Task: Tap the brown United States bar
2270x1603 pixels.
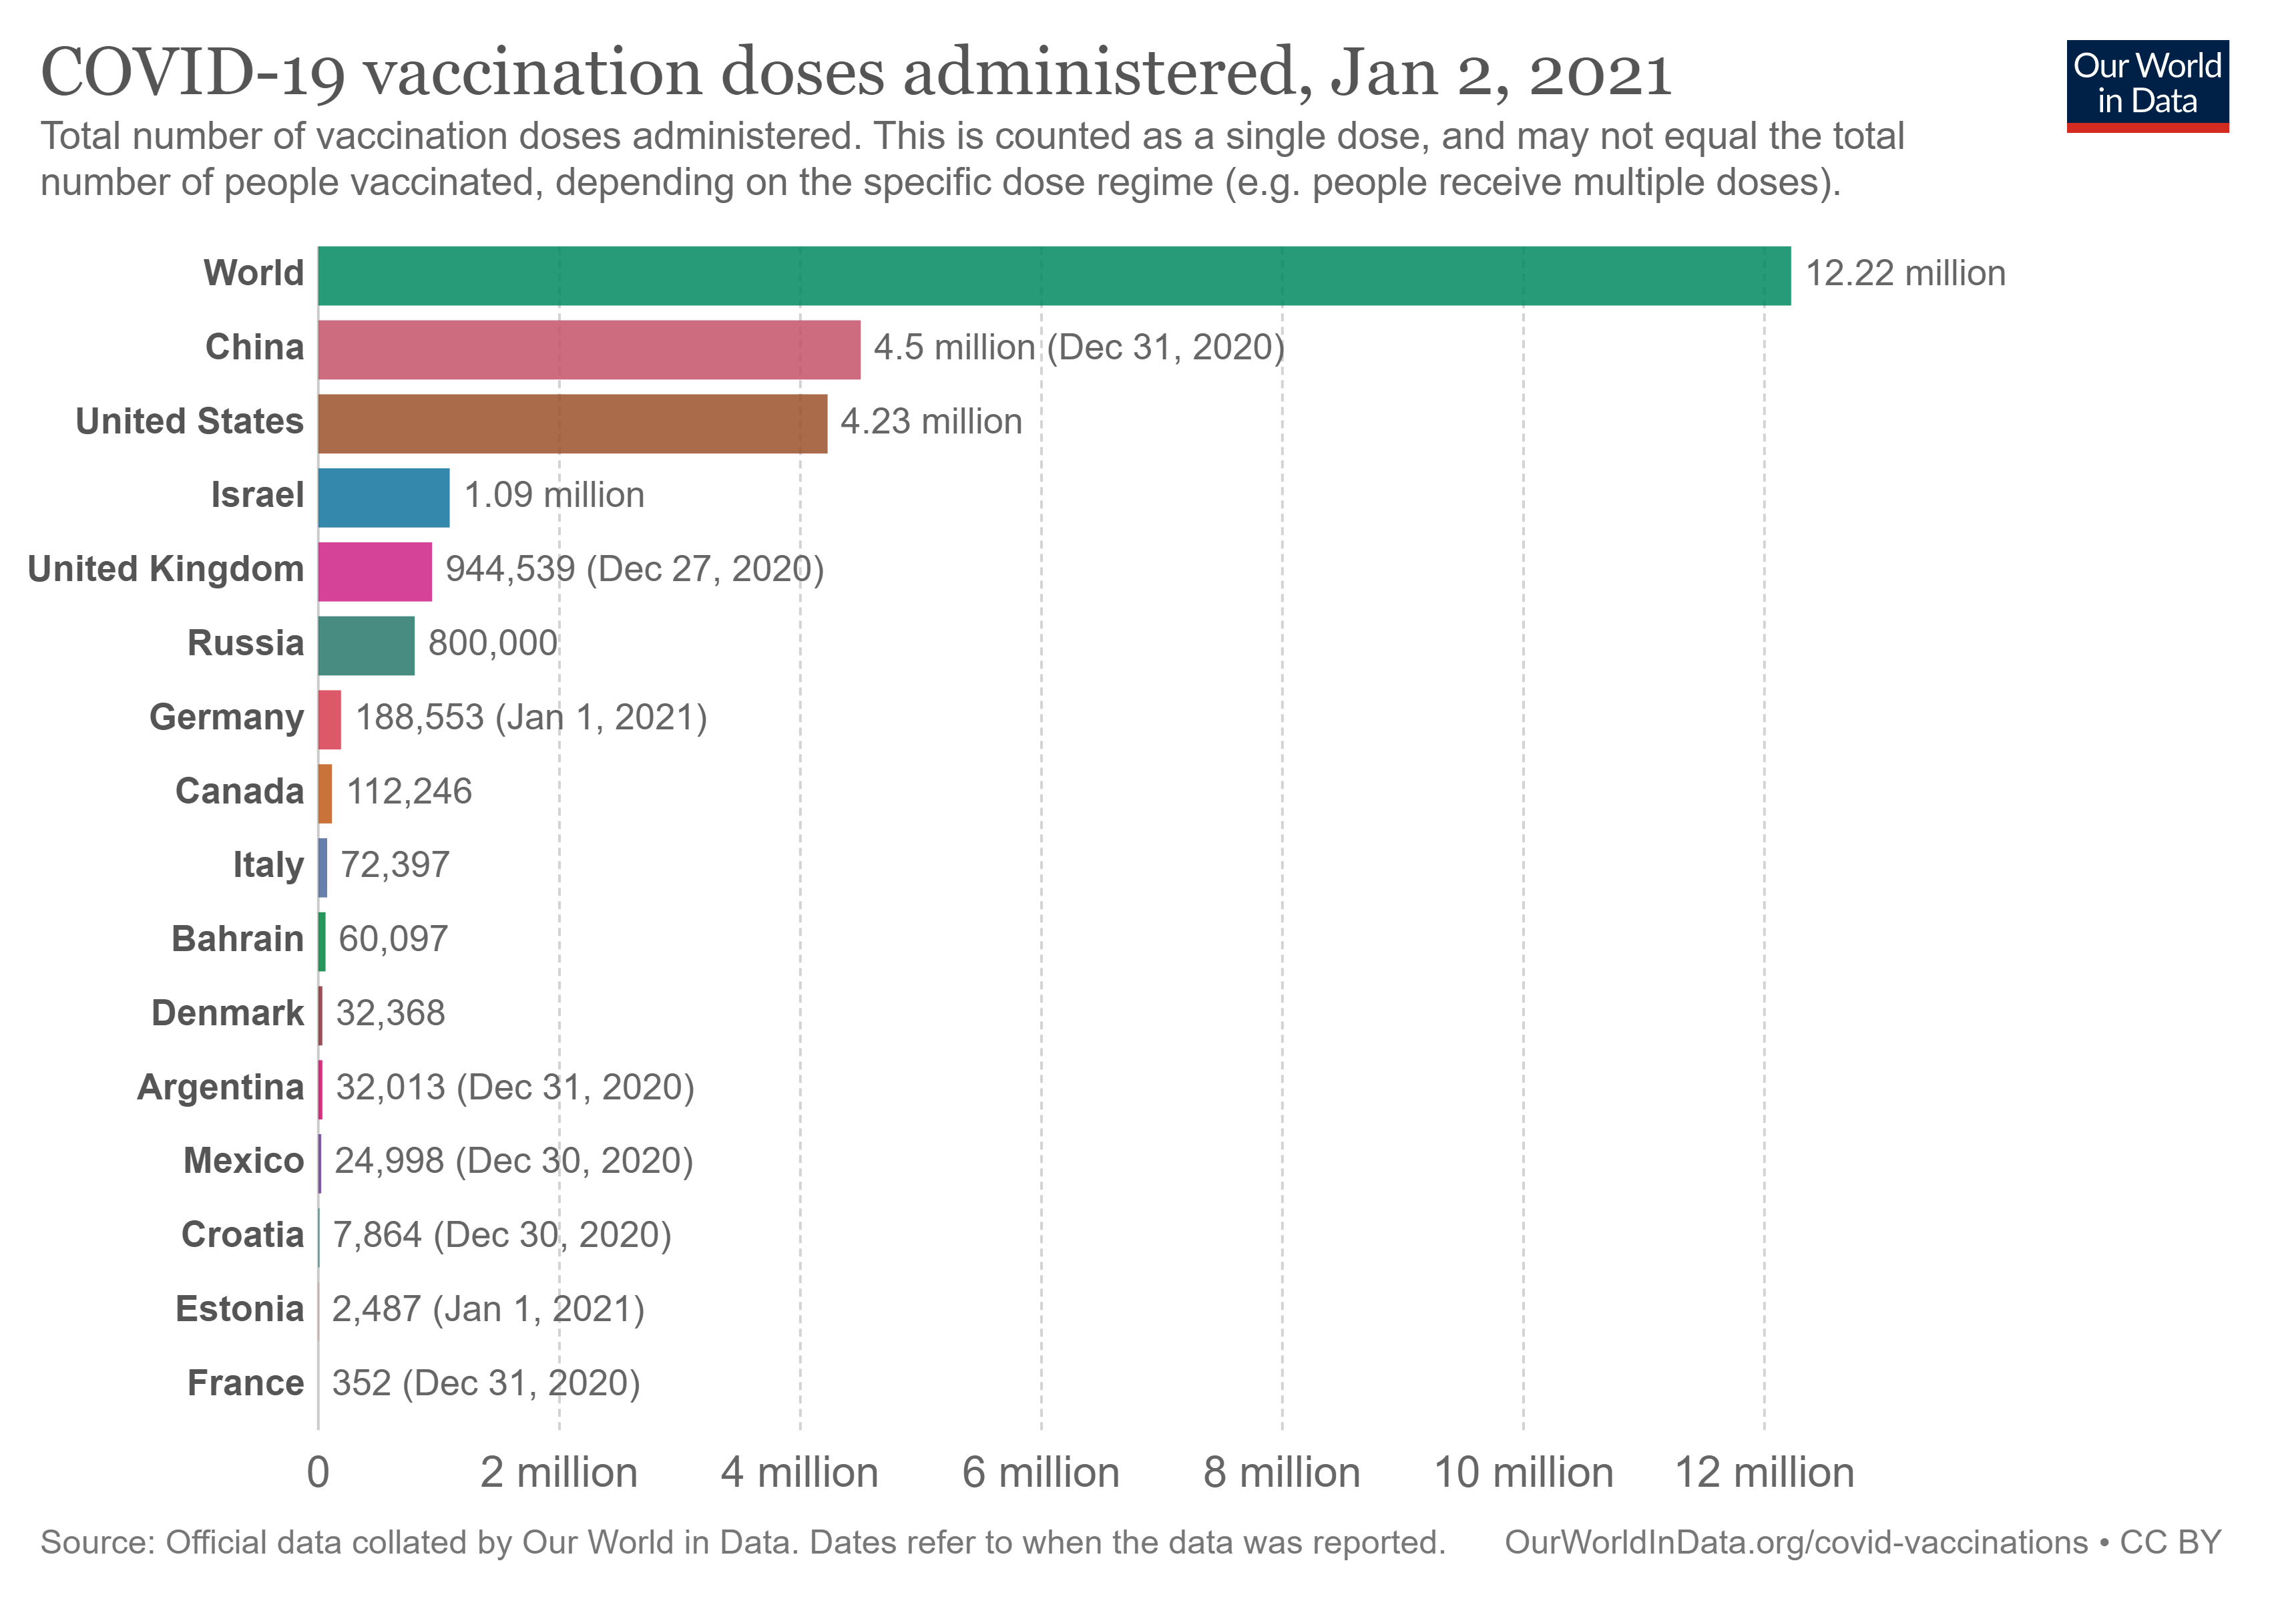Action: [x=572, y=423]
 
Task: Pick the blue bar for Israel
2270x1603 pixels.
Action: [x=384, y=498]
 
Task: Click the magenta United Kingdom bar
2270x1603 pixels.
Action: [x=375, y=572]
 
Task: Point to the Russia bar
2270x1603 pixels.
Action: [x=366, y=646]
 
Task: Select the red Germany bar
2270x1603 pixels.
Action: [x=329, y=720]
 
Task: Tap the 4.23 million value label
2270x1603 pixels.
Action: [x=930, y=422]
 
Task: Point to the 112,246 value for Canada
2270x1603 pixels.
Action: [x=409, y=792]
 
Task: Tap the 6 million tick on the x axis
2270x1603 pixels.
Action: [x=1040, y=1473]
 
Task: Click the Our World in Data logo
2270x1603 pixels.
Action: [x=2146, y=85]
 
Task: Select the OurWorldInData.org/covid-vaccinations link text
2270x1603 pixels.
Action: [x=1795, y=1544]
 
